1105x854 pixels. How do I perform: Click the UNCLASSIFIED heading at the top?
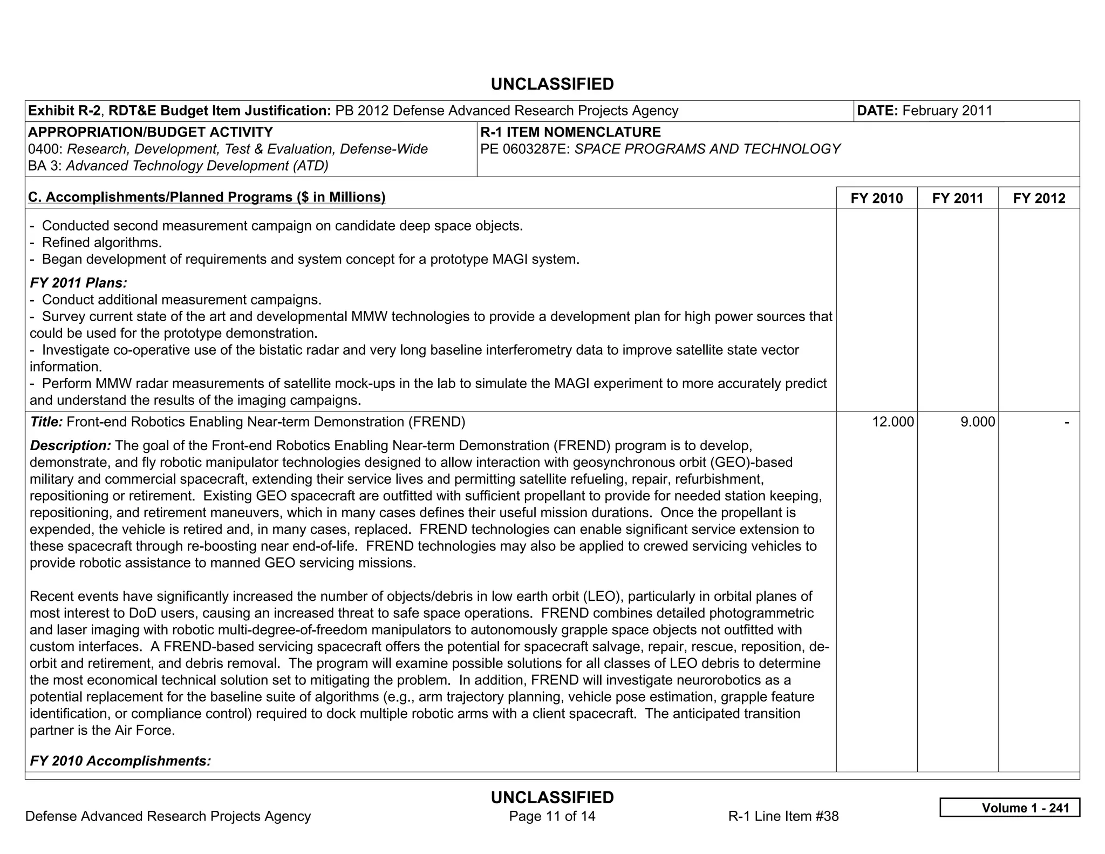(x=552, y=84)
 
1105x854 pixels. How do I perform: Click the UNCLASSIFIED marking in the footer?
(x=552, y=797)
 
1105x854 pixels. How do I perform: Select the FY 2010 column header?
(x=876, y=198)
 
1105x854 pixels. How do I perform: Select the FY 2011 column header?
(x=957, y=198)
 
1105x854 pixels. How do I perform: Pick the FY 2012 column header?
(x=1039, y=198)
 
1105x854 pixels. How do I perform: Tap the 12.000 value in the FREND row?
(x=893, y=422)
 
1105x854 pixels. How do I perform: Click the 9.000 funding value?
(x=977, y=422)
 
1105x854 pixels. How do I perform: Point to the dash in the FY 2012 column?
(x=1067, y=422)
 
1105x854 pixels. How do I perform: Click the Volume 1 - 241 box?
(x=1009, y=808)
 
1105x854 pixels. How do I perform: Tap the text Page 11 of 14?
(x=552, y=816)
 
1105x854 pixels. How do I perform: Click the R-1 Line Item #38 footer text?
(x=783, y=816)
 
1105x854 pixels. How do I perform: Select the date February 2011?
(x=947, y=111)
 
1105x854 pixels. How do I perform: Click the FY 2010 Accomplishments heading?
(x=120, y=761)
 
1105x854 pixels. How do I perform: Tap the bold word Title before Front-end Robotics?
(x=46, y=422)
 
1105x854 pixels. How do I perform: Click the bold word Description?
(x=70, y=445)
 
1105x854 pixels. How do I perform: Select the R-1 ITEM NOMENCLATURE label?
(x=570, y=132)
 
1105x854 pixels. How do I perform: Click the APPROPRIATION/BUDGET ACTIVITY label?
(x=150, y=132)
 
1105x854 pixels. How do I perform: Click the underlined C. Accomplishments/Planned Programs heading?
(x=207, y=197)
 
